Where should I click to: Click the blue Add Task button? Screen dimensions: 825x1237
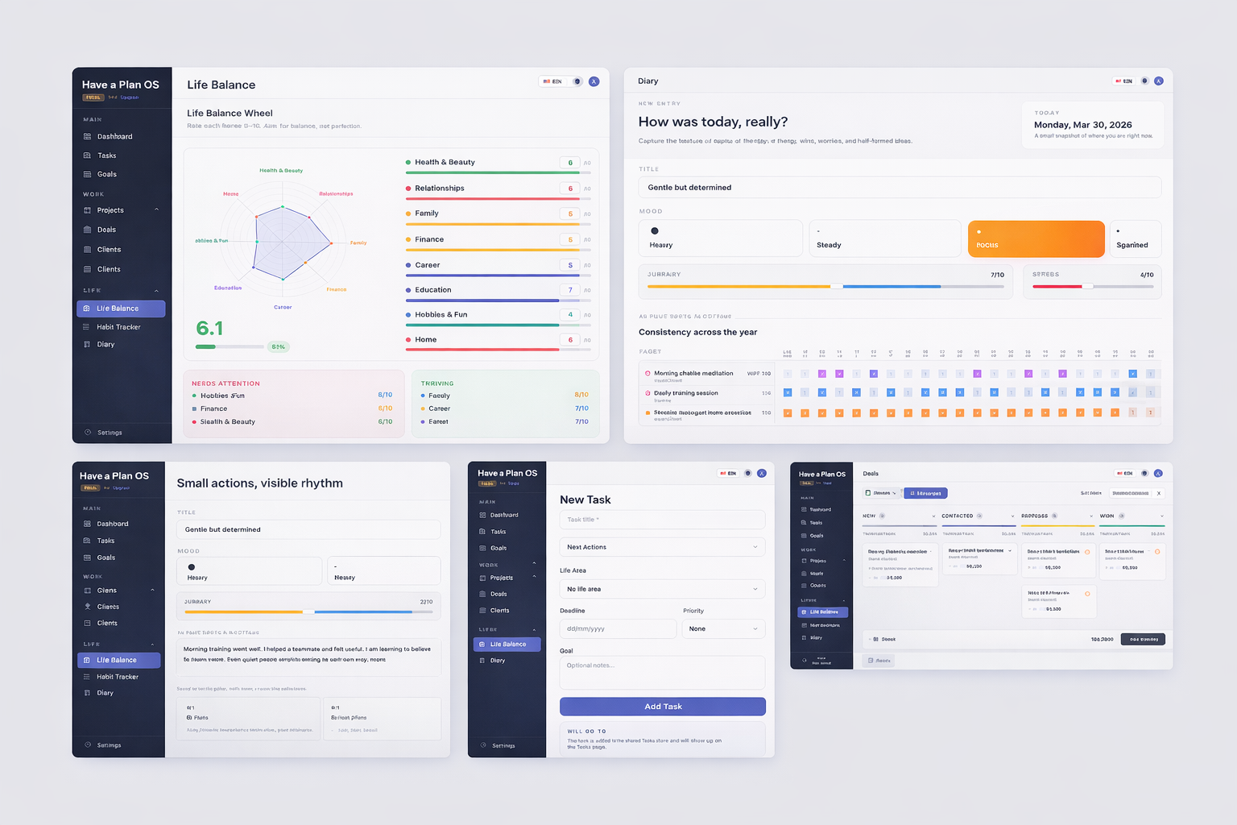point(662,707)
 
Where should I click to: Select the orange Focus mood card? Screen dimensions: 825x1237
point(1036,239)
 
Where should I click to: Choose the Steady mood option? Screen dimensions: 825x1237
point(884,239)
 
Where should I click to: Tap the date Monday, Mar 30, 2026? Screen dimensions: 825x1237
point(1082,125)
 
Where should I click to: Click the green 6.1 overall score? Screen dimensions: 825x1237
point(209,329)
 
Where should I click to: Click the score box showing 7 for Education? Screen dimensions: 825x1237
point(570,290)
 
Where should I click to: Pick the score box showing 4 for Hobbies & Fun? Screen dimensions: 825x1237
point(570,315)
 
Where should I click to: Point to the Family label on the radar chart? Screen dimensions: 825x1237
point(358,243)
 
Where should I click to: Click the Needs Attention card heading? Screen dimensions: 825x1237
point(225,383)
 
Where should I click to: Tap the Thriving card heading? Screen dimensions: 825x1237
point(437,383)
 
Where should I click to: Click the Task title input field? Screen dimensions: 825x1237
point(662,520)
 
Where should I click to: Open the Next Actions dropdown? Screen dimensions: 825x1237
point(662,547)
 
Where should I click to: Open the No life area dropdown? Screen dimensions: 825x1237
point(662,589)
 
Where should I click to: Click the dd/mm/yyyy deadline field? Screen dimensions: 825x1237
point(618,628)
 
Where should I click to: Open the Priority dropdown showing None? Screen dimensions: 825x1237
point(723,628)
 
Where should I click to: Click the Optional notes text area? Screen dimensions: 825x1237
point(662,672)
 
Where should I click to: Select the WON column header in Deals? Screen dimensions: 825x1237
point(1107,516)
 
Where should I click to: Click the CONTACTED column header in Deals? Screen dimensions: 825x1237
point(958,516)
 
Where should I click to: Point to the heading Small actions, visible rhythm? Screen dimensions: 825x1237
point(259,483)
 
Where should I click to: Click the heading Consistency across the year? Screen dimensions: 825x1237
point(697,332)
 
